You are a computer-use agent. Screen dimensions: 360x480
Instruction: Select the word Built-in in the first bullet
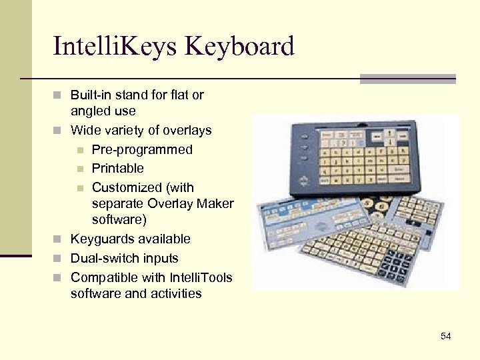point(91,95)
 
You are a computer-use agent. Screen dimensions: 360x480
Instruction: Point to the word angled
point(91,111)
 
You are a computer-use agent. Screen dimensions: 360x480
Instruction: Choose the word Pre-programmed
point(142,149)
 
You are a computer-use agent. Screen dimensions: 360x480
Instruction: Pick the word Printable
point(117,169)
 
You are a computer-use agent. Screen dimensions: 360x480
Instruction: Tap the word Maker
point(217,203)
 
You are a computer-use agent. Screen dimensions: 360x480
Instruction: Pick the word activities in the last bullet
point(176,293)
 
